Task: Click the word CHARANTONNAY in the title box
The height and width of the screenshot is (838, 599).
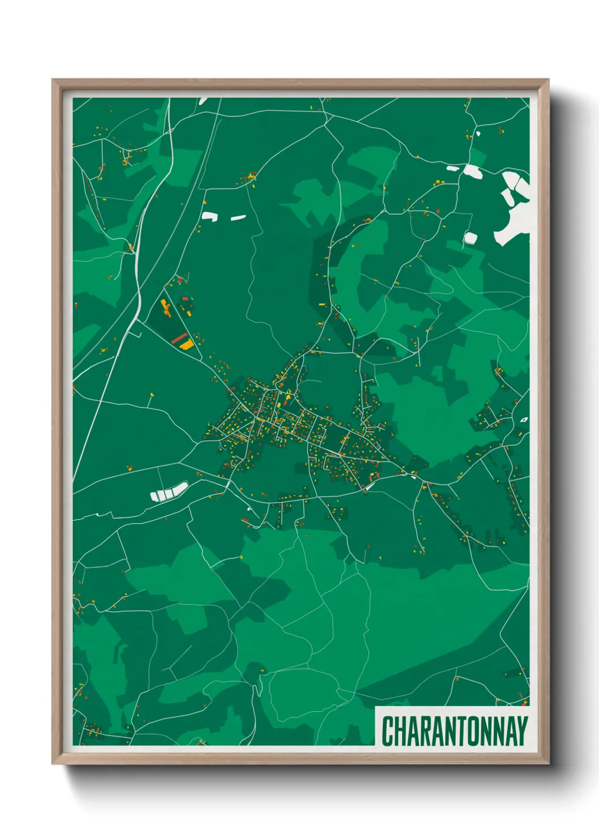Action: pos(455,730)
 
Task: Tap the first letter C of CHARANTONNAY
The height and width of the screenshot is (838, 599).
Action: pos(387,730)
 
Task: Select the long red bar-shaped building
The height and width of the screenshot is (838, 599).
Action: pos(179,339)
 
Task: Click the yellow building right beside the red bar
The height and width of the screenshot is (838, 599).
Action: pos(186,344)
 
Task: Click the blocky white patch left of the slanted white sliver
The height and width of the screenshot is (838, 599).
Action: pos(209,216)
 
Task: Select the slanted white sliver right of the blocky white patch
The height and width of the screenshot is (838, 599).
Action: pos(238,217)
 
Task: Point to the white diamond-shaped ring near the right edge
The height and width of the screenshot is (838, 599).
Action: pos(524,420)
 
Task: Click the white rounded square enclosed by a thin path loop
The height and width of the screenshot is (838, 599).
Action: pos(470,238)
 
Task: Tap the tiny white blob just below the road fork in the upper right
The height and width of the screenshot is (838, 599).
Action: pos(478,134)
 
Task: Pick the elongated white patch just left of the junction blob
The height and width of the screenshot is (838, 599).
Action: pos(452,168)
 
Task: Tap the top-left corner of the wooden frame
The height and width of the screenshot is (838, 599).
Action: pos(53,80)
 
